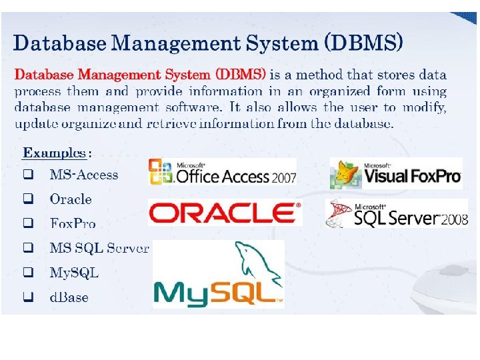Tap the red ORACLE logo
pyautogui.click(x=225, y=213)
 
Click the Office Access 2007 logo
pyautogui.click(x=222, y=172)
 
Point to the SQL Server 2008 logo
pyautogui.click(x=397, y=214)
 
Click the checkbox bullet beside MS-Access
pyautogui.click(x=28, y=175)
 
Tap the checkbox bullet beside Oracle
pyautogui.click(x=28, y=199)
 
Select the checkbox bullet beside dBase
pyautogui.click(x=28, y=297)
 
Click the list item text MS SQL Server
pyautogui.click(x=99, y=248)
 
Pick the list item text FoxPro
pyautogui.click(x=73, y=223)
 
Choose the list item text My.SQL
pyautogui.click(x=74, y=273)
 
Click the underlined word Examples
pyautogui.click(x=55, y=153)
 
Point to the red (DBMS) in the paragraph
pyautogui.click(x=240, y=74)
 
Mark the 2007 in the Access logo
pyautogui.click(x=283, y=178)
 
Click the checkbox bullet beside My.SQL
pyautogui.click(x=28, y=273)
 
